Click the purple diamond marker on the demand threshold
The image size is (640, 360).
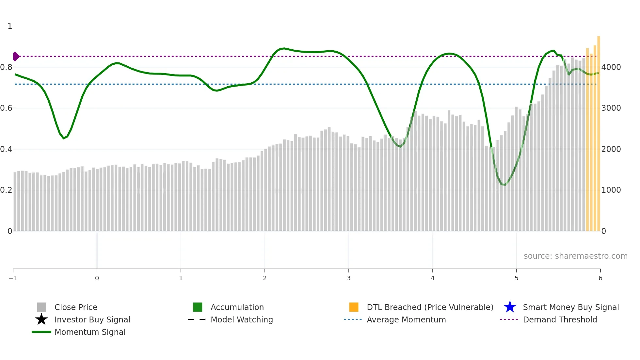(x=16, y=57)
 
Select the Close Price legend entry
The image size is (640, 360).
(x=75, y=307)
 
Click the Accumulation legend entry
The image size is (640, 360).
(x=237, y=307)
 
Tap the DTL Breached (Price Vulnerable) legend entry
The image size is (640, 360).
(x=429, y=307)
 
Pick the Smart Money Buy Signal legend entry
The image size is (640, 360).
(x=570, y=307)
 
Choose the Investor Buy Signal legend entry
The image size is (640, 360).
(x=92, y=319)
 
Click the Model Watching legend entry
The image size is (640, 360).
(x=241, y=319)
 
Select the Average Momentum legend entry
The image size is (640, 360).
(x=406, y=319)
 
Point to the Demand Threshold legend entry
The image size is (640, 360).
(x=560, y=319)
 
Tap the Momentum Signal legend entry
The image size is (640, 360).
(x=90, y=332)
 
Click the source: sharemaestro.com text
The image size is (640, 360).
(x=575, y=256)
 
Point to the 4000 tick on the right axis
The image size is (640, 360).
(x=611, y=67)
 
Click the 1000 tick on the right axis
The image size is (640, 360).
(x=611, y=190)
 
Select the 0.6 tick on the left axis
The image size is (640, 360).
(x=6, y=108)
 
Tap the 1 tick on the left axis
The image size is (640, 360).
(x=10, y=26)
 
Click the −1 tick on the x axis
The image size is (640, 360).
(x=13, y=278)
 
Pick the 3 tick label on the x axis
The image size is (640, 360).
(x=349, y=278)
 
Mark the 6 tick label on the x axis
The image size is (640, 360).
(x=600, y=278)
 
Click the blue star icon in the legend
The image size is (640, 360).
(x=510, y=307)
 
